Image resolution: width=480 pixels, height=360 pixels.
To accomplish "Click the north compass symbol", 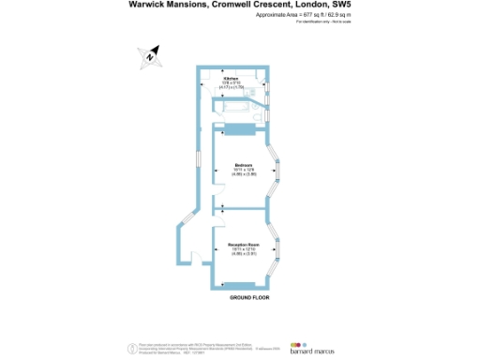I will click(x=150, y=56).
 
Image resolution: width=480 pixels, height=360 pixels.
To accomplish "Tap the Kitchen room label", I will click(x=231, y=78).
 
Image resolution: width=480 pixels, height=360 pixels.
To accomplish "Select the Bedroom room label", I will click(x=243, y=165).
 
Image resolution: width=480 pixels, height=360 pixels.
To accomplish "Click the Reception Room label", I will click(x=243, y=244).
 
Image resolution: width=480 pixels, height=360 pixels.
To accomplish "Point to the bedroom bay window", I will click(x=275, y=172).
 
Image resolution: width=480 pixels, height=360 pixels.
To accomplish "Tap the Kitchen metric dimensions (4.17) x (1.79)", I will click(x=231, y=87).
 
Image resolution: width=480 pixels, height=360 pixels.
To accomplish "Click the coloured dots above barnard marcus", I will click(x=298, y=343).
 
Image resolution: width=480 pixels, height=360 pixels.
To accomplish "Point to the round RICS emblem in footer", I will click(x=130, y=349).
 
